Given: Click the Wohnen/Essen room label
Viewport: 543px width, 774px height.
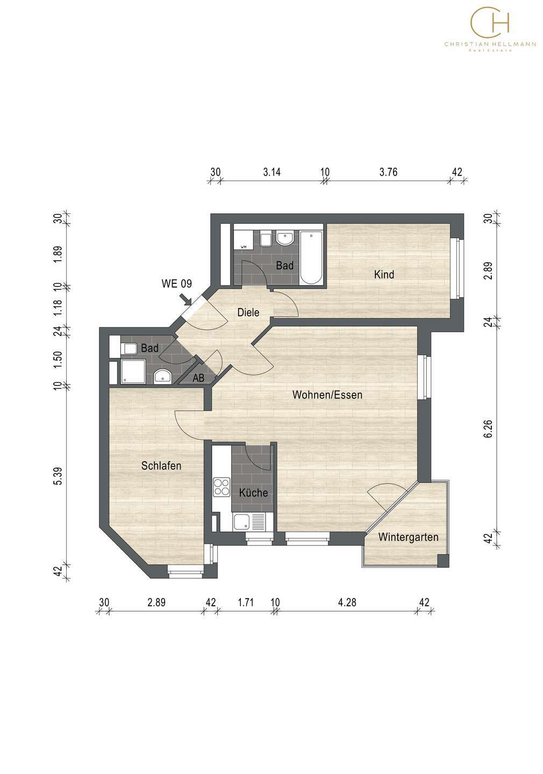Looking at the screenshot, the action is pos(327,395).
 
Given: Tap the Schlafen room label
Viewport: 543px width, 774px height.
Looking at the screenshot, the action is pos(161,465).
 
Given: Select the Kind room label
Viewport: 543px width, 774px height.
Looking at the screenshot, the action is pos(384,274).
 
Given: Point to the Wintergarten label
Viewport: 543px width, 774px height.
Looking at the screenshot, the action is pos(408,537).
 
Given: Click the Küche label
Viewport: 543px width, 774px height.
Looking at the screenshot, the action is pos(253,492).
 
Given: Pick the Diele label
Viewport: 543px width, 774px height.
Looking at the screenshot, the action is pos(248,312).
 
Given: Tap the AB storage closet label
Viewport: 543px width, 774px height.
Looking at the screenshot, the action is pos(198,378).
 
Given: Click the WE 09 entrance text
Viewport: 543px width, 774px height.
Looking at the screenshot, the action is pos(177,284).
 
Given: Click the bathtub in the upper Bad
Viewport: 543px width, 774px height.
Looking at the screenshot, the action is pos(311,257).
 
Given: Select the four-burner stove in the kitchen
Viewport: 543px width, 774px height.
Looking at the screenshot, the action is pos(222,486).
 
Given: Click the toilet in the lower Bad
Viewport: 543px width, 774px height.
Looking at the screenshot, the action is pos(128,348).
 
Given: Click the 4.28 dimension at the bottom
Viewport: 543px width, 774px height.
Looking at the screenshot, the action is pos(347,602).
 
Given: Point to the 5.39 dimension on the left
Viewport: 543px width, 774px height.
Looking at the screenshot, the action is pos(58,476).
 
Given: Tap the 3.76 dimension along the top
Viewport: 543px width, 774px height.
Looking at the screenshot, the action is pos(388,172).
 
